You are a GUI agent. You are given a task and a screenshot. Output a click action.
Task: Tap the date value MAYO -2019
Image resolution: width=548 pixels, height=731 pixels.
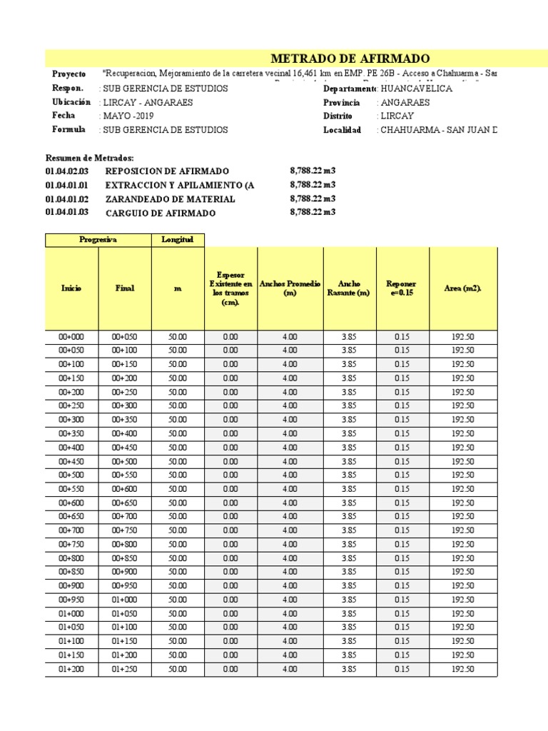pos(128,116)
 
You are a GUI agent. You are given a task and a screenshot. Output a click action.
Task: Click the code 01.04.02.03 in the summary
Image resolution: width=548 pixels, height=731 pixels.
pos(67,171)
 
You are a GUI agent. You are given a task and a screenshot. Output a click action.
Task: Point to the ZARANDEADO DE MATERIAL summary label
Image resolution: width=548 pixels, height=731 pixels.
pos(170,199)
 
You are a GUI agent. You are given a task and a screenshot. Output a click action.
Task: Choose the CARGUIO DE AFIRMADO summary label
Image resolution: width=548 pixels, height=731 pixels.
pos(160,213)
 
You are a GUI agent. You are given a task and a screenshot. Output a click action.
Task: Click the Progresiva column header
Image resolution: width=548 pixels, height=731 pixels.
pos(98,240)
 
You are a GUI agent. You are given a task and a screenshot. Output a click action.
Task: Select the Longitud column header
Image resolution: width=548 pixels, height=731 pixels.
pos(178,240)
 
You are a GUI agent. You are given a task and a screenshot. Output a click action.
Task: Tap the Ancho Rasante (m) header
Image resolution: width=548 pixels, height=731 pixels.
pos(349,288)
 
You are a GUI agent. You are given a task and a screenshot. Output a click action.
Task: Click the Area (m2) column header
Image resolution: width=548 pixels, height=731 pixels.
pos(463,288)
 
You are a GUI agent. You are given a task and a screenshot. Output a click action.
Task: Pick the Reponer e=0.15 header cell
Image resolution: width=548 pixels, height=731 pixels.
pos(402,288)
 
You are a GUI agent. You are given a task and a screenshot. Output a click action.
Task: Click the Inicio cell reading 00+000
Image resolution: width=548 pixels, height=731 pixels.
pos(71,337)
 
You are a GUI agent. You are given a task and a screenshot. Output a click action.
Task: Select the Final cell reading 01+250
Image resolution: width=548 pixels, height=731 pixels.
pos(125,669)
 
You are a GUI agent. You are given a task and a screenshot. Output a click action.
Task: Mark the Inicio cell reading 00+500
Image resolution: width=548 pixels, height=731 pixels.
pos(71,475)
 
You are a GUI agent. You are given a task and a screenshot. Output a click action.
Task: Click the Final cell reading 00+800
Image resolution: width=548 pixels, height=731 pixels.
pos(125,545)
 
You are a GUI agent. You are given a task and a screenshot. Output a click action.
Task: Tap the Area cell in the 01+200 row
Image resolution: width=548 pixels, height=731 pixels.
pos(463,669)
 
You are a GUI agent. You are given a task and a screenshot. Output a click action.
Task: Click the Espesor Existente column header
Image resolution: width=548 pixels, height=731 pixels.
pos(230,288)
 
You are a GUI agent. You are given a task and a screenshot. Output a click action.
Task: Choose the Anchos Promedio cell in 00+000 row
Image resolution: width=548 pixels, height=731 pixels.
pos(290,337)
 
